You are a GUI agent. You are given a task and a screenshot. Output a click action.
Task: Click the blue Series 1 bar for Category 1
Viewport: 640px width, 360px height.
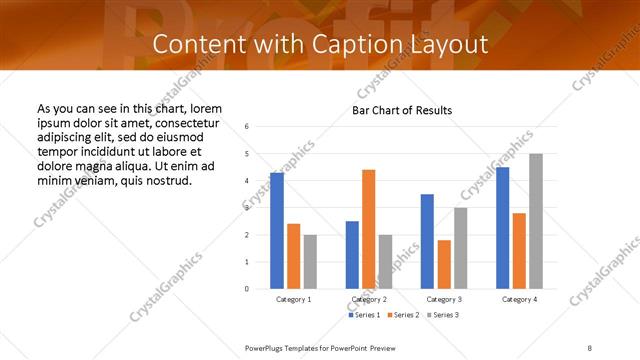(x=277, y=231)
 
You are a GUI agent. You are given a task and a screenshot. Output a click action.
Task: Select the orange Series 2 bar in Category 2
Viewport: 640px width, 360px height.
(x=369, y=229)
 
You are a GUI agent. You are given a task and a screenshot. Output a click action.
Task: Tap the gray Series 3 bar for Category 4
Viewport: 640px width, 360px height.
(x=536, y=221)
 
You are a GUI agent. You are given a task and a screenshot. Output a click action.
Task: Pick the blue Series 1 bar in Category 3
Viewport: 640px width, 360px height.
(x=427, y=241)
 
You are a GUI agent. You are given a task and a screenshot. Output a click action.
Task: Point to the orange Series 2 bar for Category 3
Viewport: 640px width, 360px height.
(x=444, y=264)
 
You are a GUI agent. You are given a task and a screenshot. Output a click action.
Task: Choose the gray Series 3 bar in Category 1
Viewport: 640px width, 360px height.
(x=310, y=262)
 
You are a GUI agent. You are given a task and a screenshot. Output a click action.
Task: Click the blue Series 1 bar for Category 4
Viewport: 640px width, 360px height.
(x=502, y=228)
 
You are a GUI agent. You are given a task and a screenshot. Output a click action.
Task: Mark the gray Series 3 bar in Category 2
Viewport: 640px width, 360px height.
(x=386, y=262)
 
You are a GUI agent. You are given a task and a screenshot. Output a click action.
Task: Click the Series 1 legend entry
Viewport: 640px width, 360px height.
(x=365, y=315)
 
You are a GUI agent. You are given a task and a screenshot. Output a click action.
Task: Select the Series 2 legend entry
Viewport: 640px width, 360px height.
(x=402, y=315)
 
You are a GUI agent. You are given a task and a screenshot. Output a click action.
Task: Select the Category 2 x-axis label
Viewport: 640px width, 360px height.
(x=369, y=299)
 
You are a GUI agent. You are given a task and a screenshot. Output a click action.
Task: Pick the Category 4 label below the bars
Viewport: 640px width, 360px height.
(x=519, y=299)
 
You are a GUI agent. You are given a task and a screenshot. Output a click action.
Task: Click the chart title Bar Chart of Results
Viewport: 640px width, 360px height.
(x=402, y=109)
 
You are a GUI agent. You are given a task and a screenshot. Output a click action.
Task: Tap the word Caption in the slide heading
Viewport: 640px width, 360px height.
(x=367, y=45)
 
